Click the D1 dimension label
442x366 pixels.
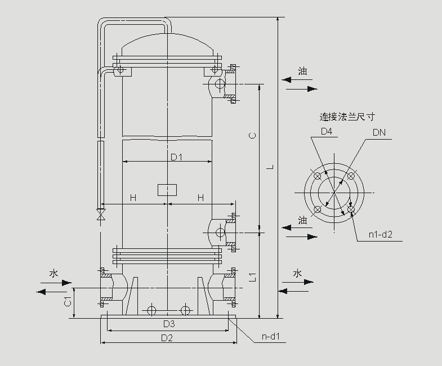177,157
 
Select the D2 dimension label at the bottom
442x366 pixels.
167,338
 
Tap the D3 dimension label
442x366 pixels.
169,324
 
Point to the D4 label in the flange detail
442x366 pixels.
327,132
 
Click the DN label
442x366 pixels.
379,132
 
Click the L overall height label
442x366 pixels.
270,167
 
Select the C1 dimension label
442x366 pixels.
67,302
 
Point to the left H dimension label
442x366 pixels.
133,198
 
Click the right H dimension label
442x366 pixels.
200,198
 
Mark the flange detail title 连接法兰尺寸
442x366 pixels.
347,117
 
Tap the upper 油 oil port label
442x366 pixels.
303,72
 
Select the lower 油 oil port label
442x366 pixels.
303,220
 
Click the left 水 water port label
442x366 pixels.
54,274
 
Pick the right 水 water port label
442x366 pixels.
297,274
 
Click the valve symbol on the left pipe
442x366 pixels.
101,215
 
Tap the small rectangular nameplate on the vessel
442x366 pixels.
168,189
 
